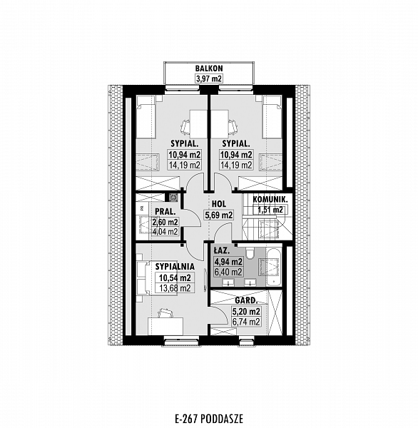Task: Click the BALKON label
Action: (209, 68)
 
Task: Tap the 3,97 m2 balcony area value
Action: (209, 78)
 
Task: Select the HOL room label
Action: (219, 203)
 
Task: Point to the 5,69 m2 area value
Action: (219, 215)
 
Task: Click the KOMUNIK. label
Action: (270, 200)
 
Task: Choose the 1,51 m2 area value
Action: (270, 210)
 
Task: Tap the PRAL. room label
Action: (165, 212)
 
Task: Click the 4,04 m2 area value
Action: (165, 232)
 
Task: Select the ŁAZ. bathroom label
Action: (220, 250)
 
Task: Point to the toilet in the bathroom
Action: (250, 253)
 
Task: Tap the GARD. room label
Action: (246, 301)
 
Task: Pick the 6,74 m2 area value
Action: (246, 322)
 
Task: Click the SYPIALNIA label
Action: (175, 266)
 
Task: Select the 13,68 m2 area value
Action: (175, 288)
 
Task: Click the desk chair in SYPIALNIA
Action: (165, 313)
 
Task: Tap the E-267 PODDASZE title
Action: (209, 419)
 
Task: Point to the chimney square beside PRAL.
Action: (173, 198)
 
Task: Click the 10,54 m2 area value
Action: (175, 278)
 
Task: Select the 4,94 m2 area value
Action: (228, 262)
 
